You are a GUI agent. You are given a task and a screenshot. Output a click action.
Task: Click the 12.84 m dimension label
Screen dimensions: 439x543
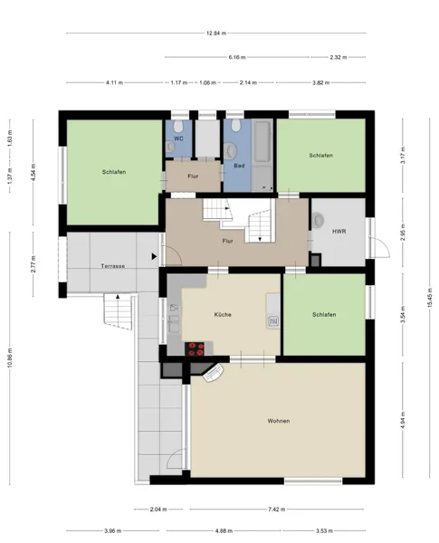[x=216, y=33]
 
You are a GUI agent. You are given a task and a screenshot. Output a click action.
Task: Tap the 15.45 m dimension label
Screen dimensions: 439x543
[x=430, y=298]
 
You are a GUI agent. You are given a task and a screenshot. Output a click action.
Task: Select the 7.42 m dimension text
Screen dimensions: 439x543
[x=276, y=509]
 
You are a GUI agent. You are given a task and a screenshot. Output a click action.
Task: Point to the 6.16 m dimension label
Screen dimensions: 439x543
[x=237, y=57]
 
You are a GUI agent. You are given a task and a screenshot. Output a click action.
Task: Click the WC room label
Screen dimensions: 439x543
[x=179, y=138]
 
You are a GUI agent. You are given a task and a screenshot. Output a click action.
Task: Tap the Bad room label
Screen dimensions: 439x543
[x=239, y=166]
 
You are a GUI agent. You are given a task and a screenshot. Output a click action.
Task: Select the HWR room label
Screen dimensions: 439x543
[x=339, y=232]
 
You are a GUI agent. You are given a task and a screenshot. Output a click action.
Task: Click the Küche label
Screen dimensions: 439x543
[x=223, y=314]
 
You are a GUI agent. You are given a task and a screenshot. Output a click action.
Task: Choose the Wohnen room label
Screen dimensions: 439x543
[x=279, y=421]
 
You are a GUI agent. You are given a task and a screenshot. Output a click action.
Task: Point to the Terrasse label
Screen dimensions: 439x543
[x=113, y=266]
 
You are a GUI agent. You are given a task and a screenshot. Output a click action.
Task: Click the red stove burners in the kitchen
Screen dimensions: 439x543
[x=196, y=348]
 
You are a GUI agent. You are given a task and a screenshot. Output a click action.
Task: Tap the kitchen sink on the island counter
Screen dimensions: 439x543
[x=273, y=321]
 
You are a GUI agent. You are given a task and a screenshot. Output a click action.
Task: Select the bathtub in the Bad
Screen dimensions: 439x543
[x=262, y=141]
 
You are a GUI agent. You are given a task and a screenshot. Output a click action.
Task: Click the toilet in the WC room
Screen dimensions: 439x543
[x=179, y=126]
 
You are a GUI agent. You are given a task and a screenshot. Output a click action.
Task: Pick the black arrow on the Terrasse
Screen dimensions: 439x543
[x=154, y=257]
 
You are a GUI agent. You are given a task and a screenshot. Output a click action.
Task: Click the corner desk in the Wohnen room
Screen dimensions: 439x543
[x=213, y=372]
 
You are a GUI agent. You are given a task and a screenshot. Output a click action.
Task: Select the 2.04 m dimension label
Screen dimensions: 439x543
[x=158, y=509]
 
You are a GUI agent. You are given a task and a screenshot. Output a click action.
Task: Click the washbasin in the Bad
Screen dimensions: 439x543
[x=231, y=150]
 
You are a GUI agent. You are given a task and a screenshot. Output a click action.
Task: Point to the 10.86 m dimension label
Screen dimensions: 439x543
[x=10, y=358]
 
